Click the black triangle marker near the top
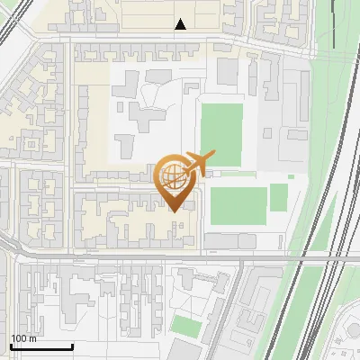coord(182,24)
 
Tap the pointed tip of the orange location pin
coord(174,211)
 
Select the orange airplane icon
coord(195,164)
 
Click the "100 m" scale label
coord(23,339)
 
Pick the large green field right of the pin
coord(238,205)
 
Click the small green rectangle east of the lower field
coord(278,196)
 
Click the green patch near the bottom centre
coord(187,325)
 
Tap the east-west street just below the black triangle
coord(180,39)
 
